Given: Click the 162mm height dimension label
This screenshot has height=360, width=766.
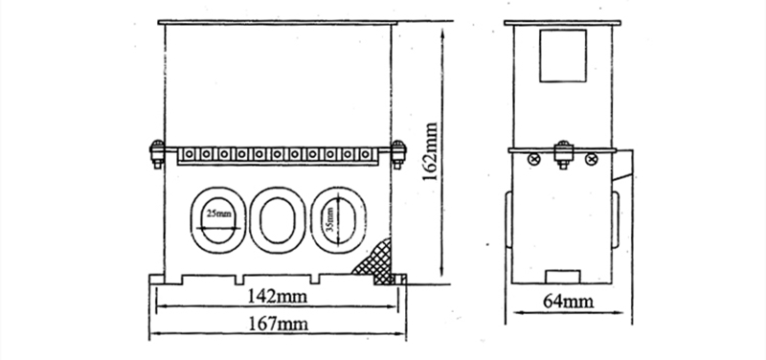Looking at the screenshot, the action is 430,151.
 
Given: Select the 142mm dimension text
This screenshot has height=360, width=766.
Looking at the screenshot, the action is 277,296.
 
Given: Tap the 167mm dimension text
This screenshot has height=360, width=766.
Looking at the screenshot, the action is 278,324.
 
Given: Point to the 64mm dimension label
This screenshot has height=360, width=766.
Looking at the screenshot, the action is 568,302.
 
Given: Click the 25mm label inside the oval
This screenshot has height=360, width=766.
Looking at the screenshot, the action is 218,214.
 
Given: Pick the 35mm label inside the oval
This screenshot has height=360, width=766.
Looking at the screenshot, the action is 329,219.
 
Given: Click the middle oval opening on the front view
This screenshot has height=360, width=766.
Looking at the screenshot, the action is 278,220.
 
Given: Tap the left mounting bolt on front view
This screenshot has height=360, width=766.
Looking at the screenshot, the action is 157,154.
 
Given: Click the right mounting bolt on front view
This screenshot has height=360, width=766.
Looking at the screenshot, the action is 398,154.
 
